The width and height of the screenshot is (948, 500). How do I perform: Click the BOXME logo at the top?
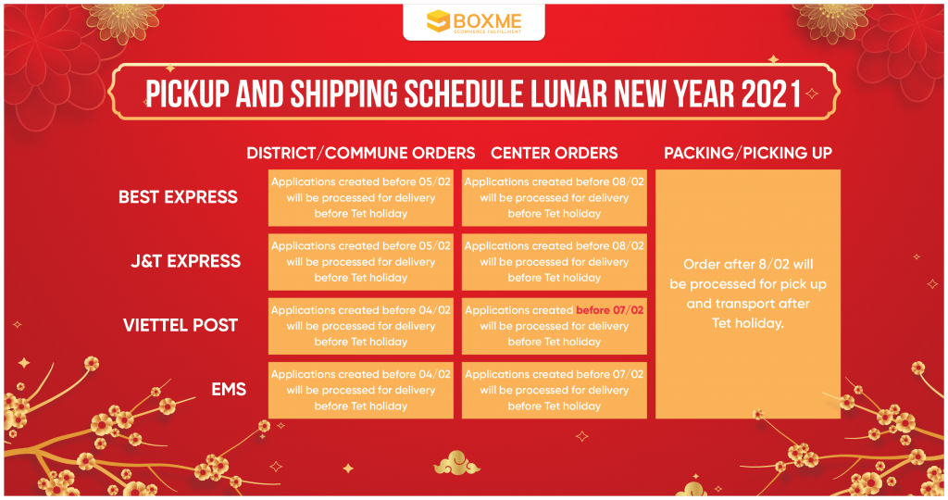[473, 22]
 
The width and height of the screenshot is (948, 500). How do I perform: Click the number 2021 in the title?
[771, 94]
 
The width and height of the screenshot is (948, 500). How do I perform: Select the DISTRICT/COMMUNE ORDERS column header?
[361, 153]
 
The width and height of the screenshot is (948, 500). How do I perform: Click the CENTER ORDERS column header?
[555, 153]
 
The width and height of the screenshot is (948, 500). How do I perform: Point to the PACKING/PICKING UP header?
[748, 153]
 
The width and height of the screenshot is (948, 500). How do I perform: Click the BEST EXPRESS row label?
[179, 197]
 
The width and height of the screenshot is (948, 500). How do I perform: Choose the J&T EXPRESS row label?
[185, 261]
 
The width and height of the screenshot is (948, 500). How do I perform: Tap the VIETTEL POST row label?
[181, 325]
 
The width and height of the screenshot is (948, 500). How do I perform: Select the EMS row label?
[229, 390]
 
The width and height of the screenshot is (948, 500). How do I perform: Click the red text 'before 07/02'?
[609, 310]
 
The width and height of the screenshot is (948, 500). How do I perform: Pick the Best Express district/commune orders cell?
[361, 198]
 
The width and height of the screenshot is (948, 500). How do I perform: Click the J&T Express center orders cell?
[555, 262]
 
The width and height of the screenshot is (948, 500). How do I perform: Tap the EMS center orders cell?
[555, 390]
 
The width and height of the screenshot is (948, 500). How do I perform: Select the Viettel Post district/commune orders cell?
[361, 326]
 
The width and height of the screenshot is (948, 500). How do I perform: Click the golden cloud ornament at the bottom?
[456, 463]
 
